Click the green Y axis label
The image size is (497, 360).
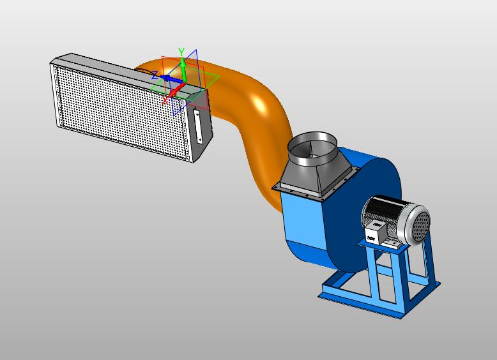[181, 52]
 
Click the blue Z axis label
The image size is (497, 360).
[155, 75]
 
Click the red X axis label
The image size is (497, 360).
[165, 101]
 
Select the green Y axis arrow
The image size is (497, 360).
[183, 69]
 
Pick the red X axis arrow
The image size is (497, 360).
[176, 90]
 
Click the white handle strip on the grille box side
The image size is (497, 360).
[198, 126]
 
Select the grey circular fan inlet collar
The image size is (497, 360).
[312, 149]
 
